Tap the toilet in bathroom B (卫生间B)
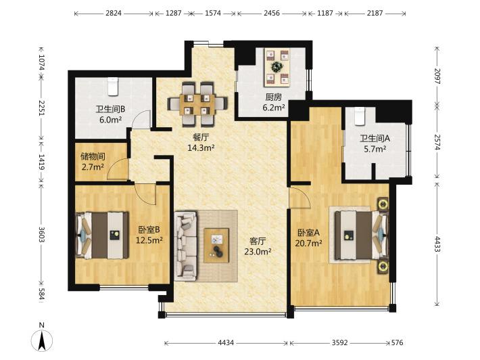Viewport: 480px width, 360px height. point(113,87)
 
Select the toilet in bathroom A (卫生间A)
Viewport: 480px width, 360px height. point(360,116)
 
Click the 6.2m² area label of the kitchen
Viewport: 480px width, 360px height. point(274,108)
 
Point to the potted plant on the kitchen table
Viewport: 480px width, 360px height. point(277,66)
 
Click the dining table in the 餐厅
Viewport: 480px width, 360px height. point(197,104)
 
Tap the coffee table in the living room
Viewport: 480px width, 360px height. point(216,246)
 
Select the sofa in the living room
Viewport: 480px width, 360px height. point(186,246)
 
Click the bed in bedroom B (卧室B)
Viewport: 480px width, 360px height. point(102,235)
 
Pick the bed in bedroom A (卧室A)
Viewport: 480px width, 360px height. point(361,235)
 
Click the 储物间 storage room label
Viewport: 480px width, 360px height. point(93,157)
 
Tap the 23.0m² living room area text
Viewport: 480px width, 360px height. point(258,252)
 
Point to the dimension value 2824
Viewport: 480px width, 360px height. point(114,13)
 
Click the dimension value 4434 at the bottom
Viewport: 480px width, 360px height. point(226,342)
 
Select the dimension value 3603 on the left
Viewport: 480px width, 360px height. point(42,235)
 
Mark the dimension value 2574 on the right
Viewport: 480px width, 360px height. point(437,142)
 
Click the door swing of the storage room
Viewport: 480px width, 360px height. point(117,169)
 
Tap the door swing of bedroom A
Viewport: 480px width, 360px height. point(300,198)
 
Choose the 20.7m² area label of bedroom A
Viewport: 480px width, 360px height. point(308,243)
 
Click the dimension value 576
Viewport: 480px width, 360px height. point(397,342)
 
